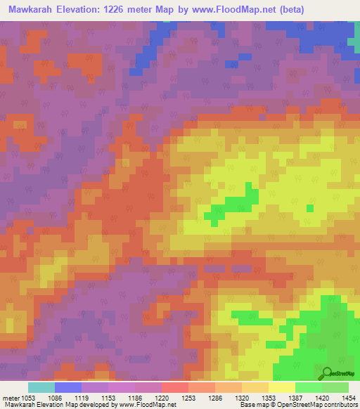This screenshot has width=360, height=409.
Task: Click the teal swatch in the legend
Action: tap(41, 387)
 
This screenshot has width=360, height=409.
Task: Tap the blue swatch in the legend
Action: tap(67, 387)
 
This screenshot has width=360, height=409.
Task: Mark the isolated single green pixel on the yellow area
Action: tap(310, 207)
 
